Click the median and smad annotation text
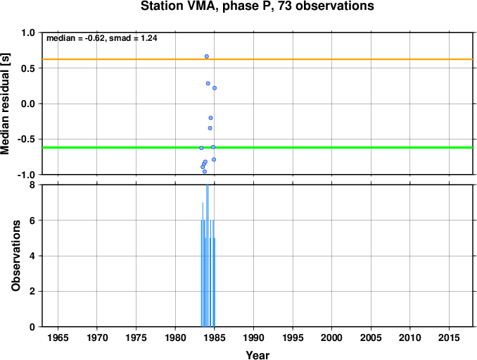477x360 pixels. point(101,38)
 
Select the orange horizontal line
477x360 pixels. point(257,59)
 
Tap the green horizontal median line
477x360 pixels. point(257,147)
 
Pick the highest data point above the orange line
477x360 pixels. point(207,56)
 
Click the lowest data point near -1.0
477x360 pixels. point(205,171)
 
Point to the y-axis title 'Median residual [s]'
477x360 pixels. point(5,104)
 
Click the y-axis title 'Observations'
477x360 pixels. point(15,256)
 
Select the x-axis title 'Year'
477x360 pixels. point(257,355)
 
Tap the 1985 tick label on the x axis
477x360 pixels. point(215,337)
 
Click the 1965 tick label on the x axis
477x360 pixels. point(58,337)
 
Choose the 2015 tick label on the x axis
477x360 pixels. point(449,337)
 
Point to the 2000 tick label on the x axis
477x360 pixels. point(331,337)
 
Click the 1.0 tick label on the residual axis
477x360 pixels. point(27,32)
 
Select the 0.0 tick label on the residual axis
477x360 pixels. point(27,104)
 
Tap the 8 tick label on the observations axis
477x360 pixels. point(32,185)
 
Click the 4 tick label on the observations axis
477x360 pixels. point(32,256)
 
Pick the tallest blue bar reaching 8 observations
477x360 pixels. point(207,256)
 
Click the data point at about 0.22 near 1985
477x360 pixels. point(215,88)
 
